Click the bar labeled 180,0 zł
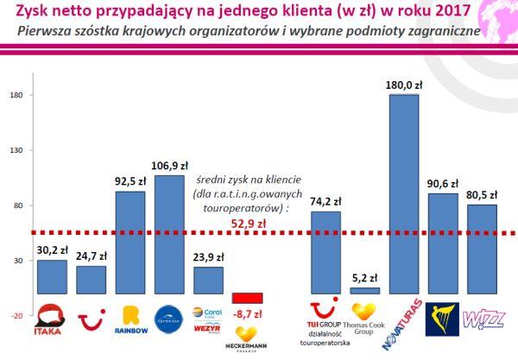coord(404,194)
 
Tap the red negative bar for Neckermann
coord(247,298)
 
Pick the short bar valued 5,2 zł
coord(364,291)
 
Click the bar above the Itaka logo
coord(53,277)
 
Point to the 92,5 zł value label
coord(130,182)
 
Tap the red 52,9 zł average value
coord(247,222)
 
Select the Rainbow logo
coord(130,319)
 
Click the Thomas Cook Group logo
coord(364,317)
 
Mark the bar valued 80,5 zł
coord(483,249)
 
